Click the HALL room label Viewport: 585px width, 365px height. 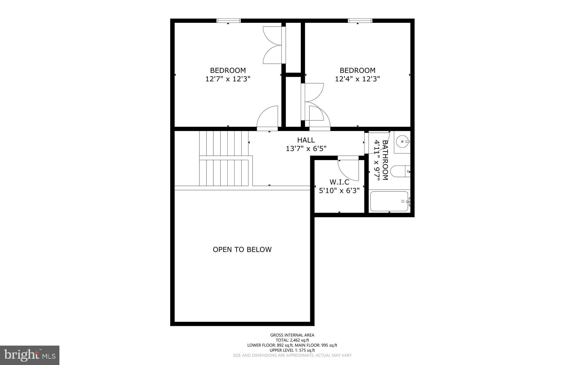[306, 140]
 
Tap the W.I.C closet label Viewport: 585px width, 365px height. [339, 182]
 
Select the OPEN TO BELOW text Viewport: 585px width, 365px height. [242, 250]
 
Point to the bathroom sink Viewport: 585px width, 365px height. [402, 142]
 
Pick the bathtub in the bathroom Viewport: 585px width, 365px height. [389, 201]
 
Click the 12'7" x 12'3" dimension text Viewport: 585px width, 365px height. [228, 79]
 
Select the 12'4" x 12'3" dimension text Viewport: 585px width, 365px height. [357, 79]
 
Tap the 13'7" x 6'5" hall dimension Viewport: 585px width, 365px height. [306, 149]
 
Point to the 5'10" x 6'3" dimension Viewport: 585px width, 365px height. [339, 191]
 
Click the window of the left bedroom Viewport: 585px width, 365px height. [229, 21]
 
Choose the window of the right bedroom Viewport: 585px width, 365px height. [360, 21]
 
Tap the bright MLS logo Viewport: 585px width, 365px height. [29, 355]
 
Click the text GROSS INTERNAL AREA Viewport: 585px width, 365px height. [292, 335]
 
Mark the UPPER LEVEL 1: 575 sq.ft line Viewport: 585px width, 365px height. [292, 350]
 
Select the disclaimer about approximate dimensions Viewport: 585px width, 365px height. [292, 356]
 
